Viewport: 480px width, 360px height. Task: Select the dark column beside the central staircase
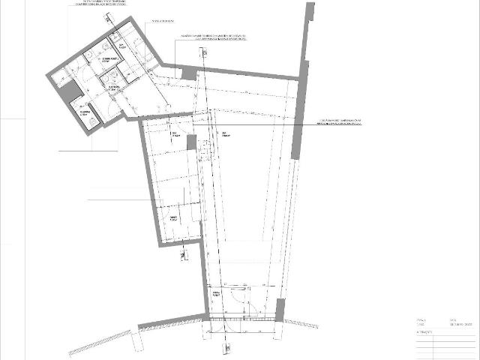pos(191,142)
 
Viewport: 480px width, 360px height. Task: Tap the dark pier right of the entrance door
pos(280,308)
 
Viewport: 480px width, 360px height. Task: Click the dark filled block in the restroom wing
pos(70,92)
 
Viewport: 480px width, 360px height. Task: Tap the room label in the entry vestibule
pos(217,293)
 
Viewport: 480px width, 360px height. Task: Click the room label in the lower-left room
pos(173,219)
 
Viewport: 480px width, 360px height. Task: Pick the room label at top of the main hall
pos(223,134)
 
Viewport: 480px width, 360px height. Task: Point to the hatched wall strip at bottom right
pos(300,322)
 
